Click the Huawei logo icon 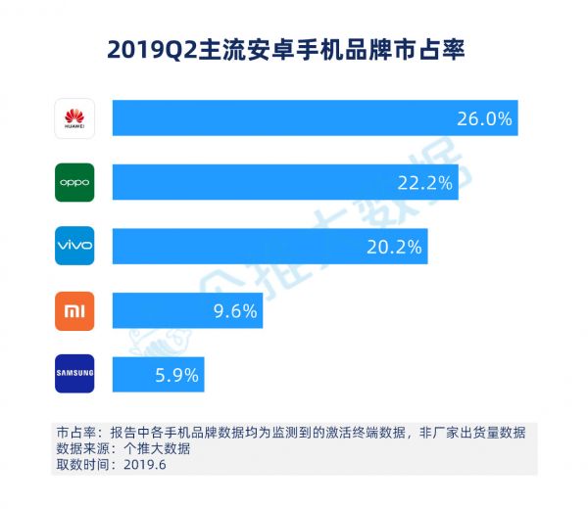(x=74, y=118)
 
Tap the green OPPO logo (x=74, y=182)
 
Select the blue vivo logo (x=74, y=246)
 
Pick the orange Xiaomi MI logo (x=74, y=310)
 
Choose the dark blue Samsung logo (x=74, y=374)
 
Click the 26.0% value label (x=484, y=118)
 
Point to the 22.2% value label (x=424, y=182)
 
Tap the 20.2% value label (x=395, y=247)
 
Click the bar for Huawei (x=294, y=118)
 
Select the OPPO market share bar (x=265, y=182)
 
